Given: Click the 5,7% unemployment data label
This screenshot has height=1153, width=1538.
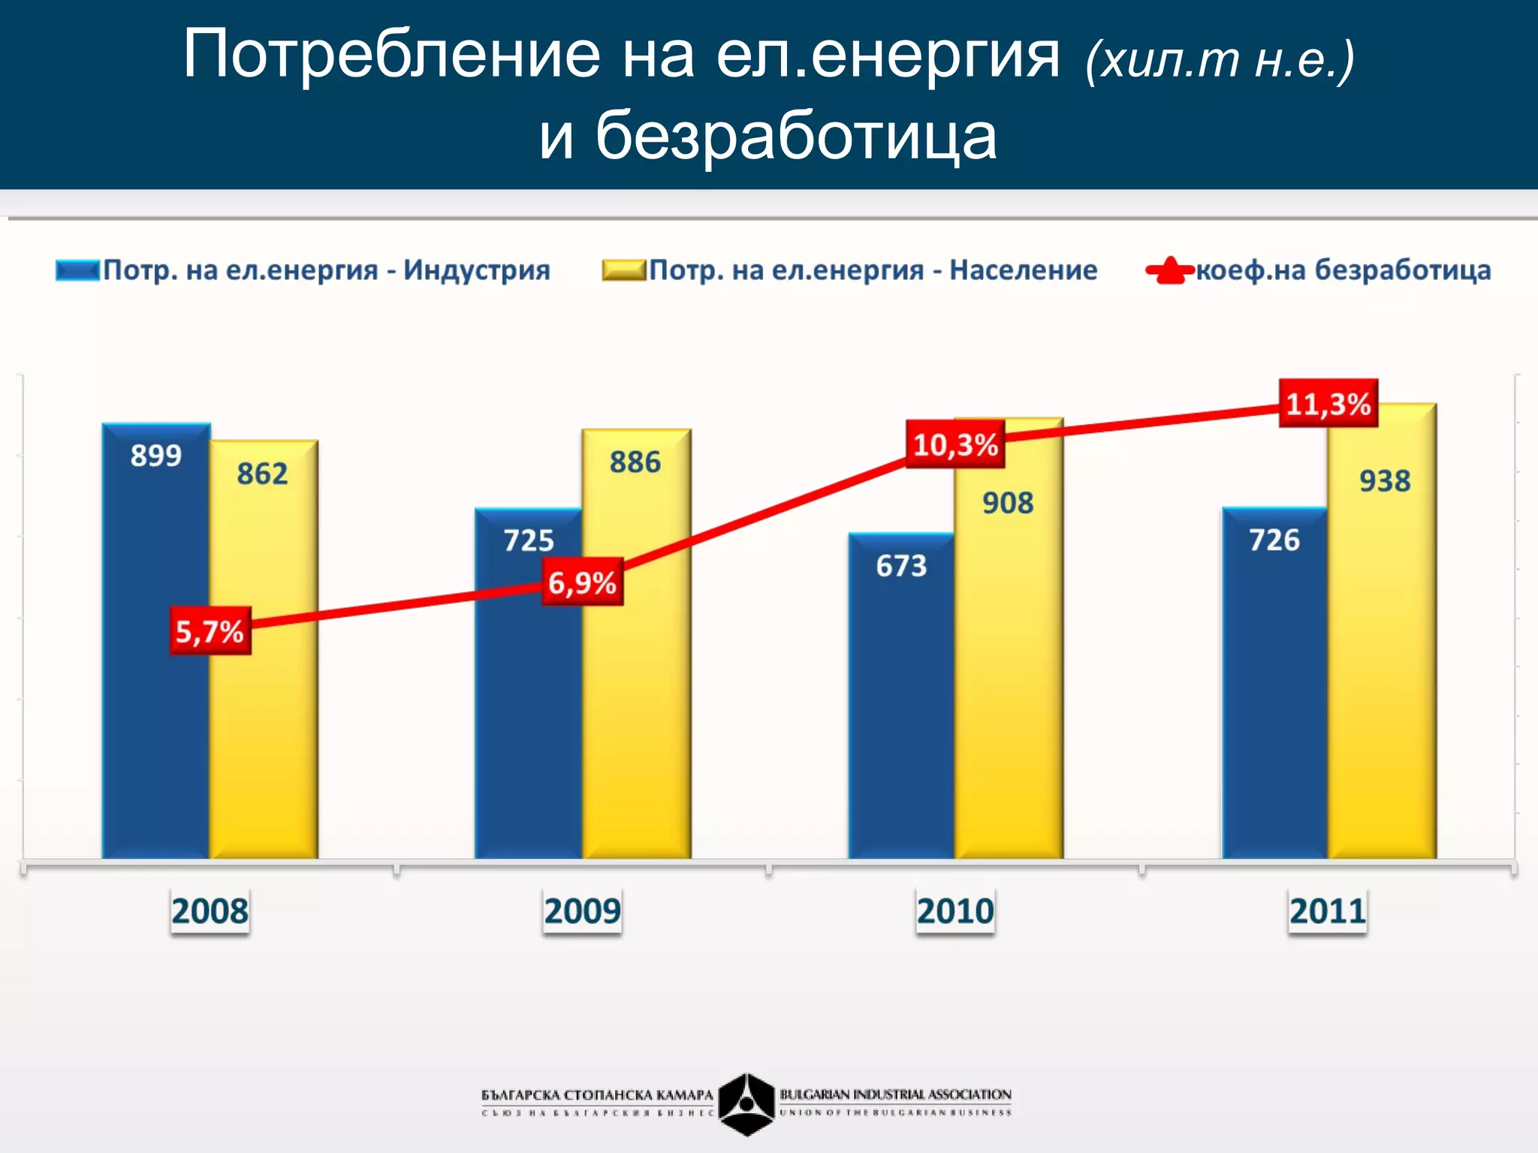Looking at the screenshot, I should pyautogui.click(x=210, y=631).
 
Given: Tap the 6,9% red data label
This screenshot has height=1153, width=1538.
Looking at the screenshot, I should pyautogui.click(x=582, y=583).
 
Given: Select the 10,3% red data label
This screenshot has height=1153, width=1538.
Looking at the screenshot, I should pyautogui.click(x=954, y=444).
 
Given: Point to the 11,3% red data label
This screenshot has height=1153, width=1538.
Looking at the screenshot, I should pyautogui.click(x=1328, y=404).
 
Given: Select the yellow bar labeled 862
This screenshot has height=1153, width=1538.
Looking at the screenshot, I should pyautogui.click(x=264, y=676).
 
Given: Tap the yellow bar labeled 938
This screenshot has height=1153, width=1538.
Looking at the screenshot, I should pyautogui.click(x=1382, y=676).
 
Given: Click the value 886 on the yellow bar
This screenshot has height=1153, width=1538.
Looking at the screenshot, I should pyautogui.click(x=635, y=462).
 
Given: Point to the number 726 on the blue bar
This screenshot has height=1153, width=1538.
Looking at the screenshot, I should pyautogui.click(x=1274, y=540).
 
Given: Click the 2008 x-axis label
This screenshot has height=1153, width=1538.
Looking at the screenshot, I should pyautogui.click(x=210, y=911).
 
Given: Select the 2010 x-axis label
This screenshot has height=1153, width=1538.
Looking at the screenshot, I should pyautogui.click(x=954, y=911).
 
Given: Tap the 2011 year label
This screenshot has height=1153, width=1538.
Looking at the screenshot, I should pyautogui.click(x=1327, y=911).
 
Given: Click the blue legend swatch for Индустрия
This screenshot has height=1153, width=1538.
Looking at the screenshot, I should pyautogui.click(x=77, y=270).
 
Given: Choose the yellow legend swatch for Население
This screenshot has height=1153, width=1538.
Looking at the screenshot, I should pyautogui.click(x=623, y=270).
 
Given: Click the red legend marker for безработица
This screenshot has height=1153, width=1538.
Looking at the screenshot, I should pyautogui.click(x=1169, y=271).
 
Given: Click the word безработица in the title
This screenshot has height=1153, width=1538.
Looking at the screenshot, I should pyautogui.click(x=796, y=136).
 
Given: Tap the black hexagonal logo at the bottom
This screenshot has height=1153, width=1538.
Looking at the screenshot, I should pyautogui.click(x=746, y=1103).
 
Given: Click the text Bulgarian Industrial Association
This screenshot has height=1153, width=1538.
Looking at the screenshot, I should pyautogui.click(x=895, y=1094).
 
